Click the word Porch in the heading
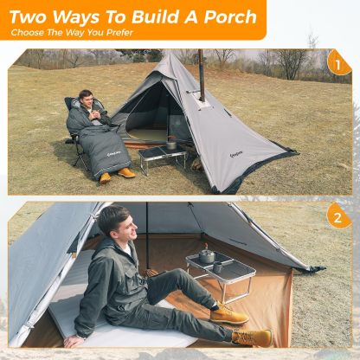tap(230, 17)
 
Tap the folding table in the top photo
tap(162, 157)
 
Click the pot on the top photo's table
tap(170, 144)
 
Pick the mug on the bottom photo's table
tap(217, 267)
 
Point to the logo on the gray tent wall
tap(232, 156)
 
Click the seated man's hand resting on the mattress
tap(73, 341)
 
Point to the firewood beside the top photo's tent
tap(196, 165)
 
